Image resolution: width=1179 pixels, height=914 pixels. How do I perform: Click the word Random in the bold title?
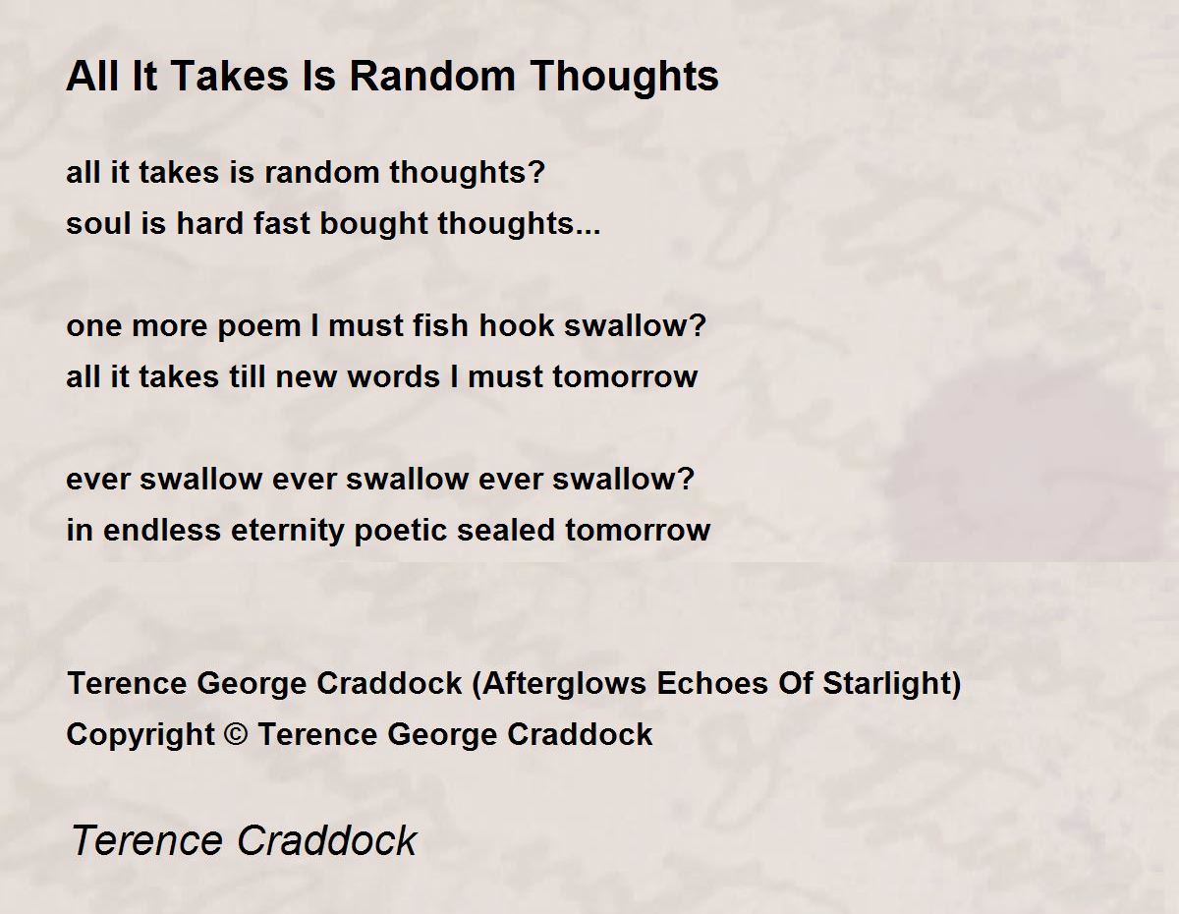(432, 76)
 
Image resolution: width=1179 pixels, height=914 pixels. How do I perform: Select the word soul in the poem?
(98, 223)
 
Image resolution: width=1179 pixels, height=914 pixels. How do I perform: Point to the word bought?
(373, 224)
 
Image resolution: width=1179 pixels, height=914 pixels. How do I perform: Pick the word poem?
(259, 326)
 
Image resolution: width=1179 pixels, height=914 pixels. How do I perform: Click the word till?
(247, 376)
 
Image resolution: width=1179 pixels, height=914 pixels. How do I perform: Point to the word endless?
(162, 530)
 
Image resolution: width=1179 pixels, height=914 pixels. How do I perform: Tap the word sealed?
(506, 530)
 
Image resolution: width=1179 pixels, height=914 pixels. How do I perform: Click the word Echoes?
(712, 683)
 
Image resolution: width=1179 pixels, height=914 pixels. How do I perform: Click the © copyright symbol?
(236, 734)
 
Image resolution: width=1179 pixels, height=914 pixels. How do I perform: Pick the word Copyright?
(140, 735)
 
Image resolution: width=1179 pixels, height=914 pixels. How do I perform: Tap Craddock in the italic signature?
(326, 840)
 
